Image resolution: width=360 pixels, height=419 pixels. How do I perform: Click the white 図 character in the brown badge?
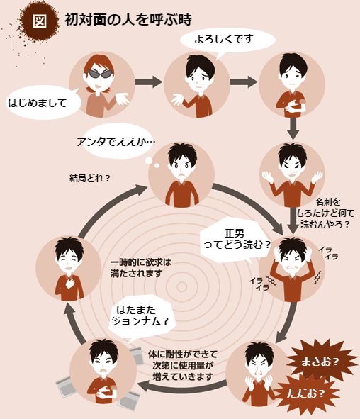tap(40, 21)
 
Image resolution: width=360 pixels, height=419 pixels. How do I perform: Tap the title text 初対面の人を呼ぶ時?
tap(128, 20)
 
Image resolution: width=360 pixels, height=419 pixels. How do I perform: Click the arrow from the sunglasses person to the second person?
tap(149, 82)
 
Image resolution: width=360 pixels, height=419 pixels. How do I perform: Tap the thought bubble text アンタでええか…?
tap(116, 142)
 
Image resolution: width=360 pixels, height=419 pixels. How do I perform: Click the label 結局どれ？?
tap(90, 178)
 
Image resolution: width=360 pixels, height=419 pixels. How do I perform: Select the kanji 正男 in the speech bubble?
tap(235, 233)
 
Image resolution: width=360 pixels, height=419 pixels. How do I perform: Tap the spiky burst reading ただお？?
tap(306, 393)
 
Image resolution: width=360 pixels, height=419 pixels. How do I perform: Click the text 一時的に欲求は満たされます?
tap(141, 268)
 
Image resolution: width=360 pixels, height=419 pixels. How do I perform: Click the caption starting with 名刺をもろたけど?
tap(325, 213)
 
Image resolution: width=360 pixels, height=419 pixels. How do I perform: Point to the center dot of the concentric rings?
tap(181, 287)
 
